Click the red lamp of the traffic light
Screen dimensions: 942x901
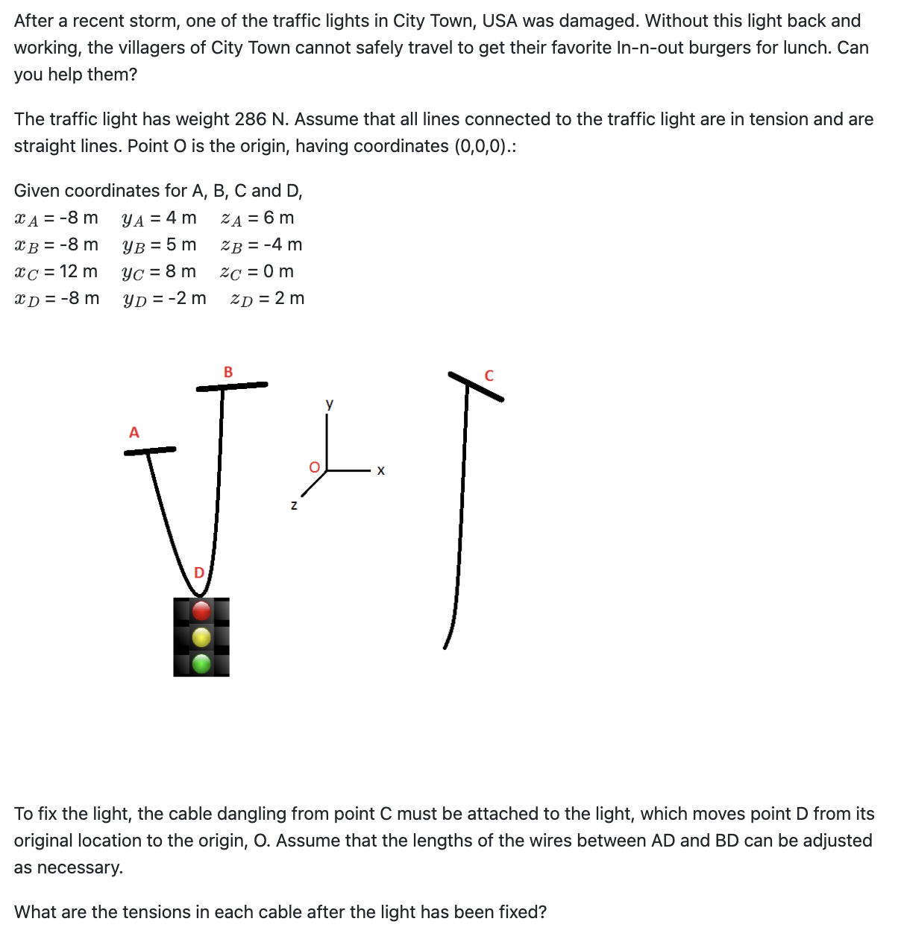point(201,611)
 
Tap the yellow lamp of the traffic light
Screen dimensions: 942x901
point(201,637)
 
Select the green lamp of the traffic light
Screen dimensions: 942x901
point(201,663)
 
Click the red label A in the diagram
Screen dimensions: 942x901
point(134,432)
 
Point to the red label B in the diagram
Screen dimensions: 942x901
point(228,371)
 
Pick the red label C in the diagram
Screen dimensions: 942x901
point(489,376)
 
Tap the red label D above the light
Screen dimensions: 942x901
point(199,572)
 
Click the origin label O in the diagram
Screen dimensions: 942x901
point(314,467)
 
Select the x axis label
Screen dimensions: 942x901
point(380,470)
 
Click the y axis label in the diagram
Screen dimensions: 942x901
point(330,404)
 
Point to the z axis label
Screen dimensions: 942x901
point(294,505)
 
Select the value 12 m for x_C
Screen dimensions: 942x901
point(78,271)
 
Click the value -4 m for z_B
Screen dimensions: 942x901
point(283,244)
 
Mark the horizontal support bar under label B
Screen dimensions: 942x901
point(232,385)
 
